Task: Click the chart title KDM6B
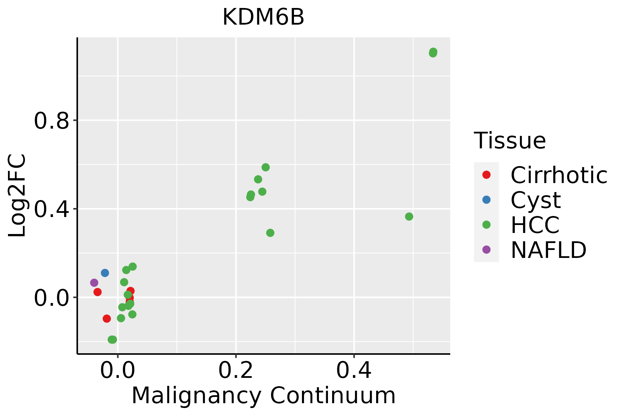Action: [263, 17]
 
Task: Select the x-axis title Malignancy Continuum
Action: [263, 396]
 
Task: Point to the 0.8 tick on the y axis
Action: [51, 121]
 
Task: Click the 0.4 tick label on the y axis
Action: [51, 209]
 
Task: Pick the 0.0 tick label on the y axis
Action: [51, 298]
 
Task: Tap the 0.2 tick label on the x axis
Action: [236, 370]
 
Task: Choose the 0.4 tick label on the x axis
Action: [354, 370]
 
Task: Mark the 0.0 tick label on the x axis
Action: [118, 370]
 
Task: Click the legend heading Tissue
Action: [510, 141]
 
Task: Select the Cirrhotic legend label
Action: [558, 175]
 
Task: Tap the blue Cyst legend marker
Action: [486, 200]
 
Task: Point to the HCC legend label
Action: [535, 225]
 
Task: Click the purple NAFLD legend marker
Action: [486, 249]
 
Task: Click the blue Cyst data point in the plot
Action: [105, 273]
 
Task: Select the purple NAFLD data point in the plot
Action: [94, 283]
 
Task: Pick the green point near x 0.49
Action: [409, 217]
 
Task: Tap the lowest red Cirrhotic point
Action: [106, 319]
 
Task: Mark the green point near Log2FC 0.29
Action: [270, 233]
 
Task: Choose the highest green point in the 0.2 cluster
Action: [266, 167]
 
